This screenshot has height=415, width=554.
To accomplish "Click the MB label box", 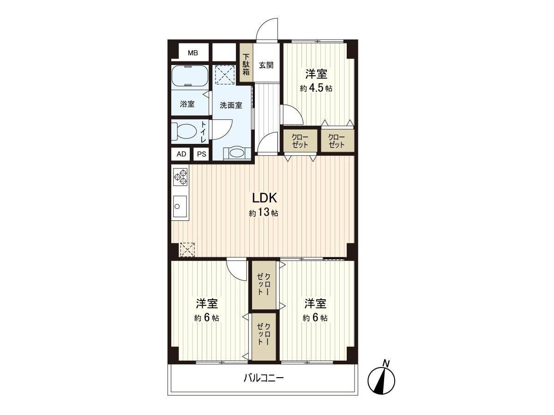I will [x=192, y=53].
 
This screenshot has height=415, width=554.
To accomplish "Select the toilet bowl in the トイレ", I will [x=184, y=131].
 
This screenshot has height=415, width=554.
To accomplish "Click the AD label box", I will [x=181, y=154].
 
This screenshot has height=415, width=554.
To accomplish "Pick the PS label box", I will [x=201, y=154].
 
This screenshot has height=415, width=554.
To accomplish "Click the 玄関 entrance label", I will [x=265, y=65].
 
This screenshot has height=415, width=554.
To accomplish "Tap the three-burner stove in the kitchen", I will [x=180, y=177].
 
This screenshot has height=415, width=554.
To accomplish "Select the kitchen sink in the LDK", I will [x=180, y=206].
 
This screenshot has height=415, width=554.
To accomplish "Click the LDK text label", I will [x=264, y=198].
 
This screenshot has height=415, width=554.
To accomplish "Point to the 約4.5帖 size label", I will [x=316, y=89].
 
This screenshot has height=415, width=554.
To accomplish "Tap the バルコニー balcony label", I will [x=263, y=379].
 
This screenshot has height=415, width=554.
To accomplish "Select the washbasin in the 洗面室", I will [x=237, y=153].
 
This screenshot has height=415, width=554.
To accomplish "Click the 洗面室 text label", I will [x=230, y=105].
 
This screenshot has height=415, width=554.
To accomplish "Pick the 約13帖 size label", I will [x=264, y=213].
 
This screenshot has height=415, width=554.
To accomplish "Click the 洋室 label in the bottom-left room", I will [x=207, y=303].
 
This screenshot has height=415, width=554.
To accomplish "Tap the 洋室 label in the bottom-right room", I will [x=315, y=303].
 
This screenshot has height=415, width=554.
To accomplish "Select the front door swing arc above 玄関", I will [x=268, y=30].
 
